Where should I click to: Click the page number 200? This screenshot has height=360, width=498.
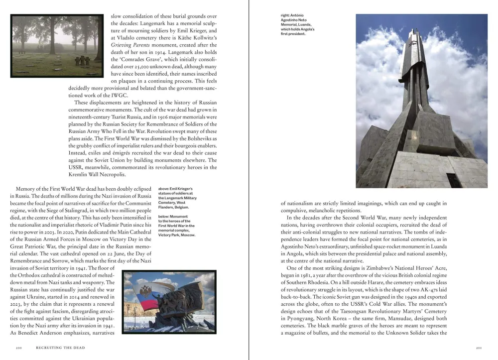click(x=18, y=348)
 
